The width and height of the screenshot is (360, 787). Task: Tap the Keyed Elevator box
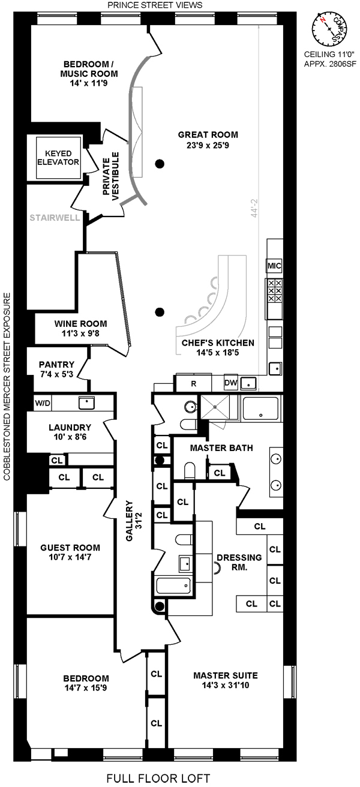(x=58, y=158)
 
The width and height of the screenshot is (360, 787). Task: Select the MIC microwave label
(x=274, y=266)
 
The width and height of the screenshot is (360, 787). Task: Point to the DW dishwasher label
(x=231, y=383)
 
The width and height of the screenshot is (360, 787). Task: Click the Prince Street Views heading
(x=154, y=5)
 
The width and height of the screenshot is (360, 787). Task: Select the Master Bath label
(x=221, y=448)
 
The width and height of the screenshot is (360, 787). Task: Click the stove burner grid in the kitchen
(x=274, y=291)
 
